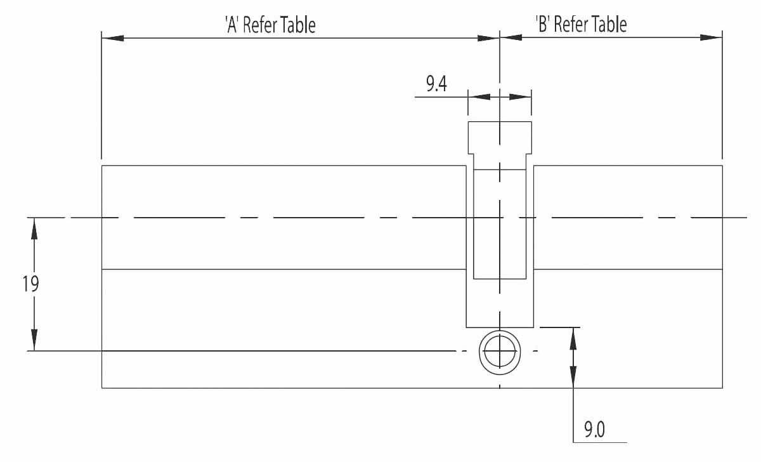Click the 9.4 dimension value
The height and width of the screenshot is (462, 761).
coord(436,84)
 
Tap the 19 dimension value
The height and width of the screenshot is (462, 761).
coord(31,283)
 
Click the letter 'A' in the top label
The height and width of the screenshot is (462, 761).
coord(231,25)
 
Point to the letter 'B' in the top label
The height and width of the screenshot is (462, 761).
coord(543,25)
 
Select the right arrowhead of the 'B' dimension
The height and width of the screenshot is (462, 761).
coord(712,37)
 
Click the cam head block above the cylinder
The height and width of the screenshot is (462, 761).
coord(500,137)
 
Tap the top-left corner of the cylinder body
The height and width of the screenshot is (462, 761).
coord(102,166)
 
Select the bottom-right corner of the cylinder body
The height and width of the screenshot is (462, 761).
coord(722,388)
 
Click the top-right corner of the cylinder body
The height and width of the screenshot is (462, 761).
coord(722,166)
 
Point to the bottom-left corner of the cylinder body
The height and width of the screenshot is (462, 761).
coord(102,388)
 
